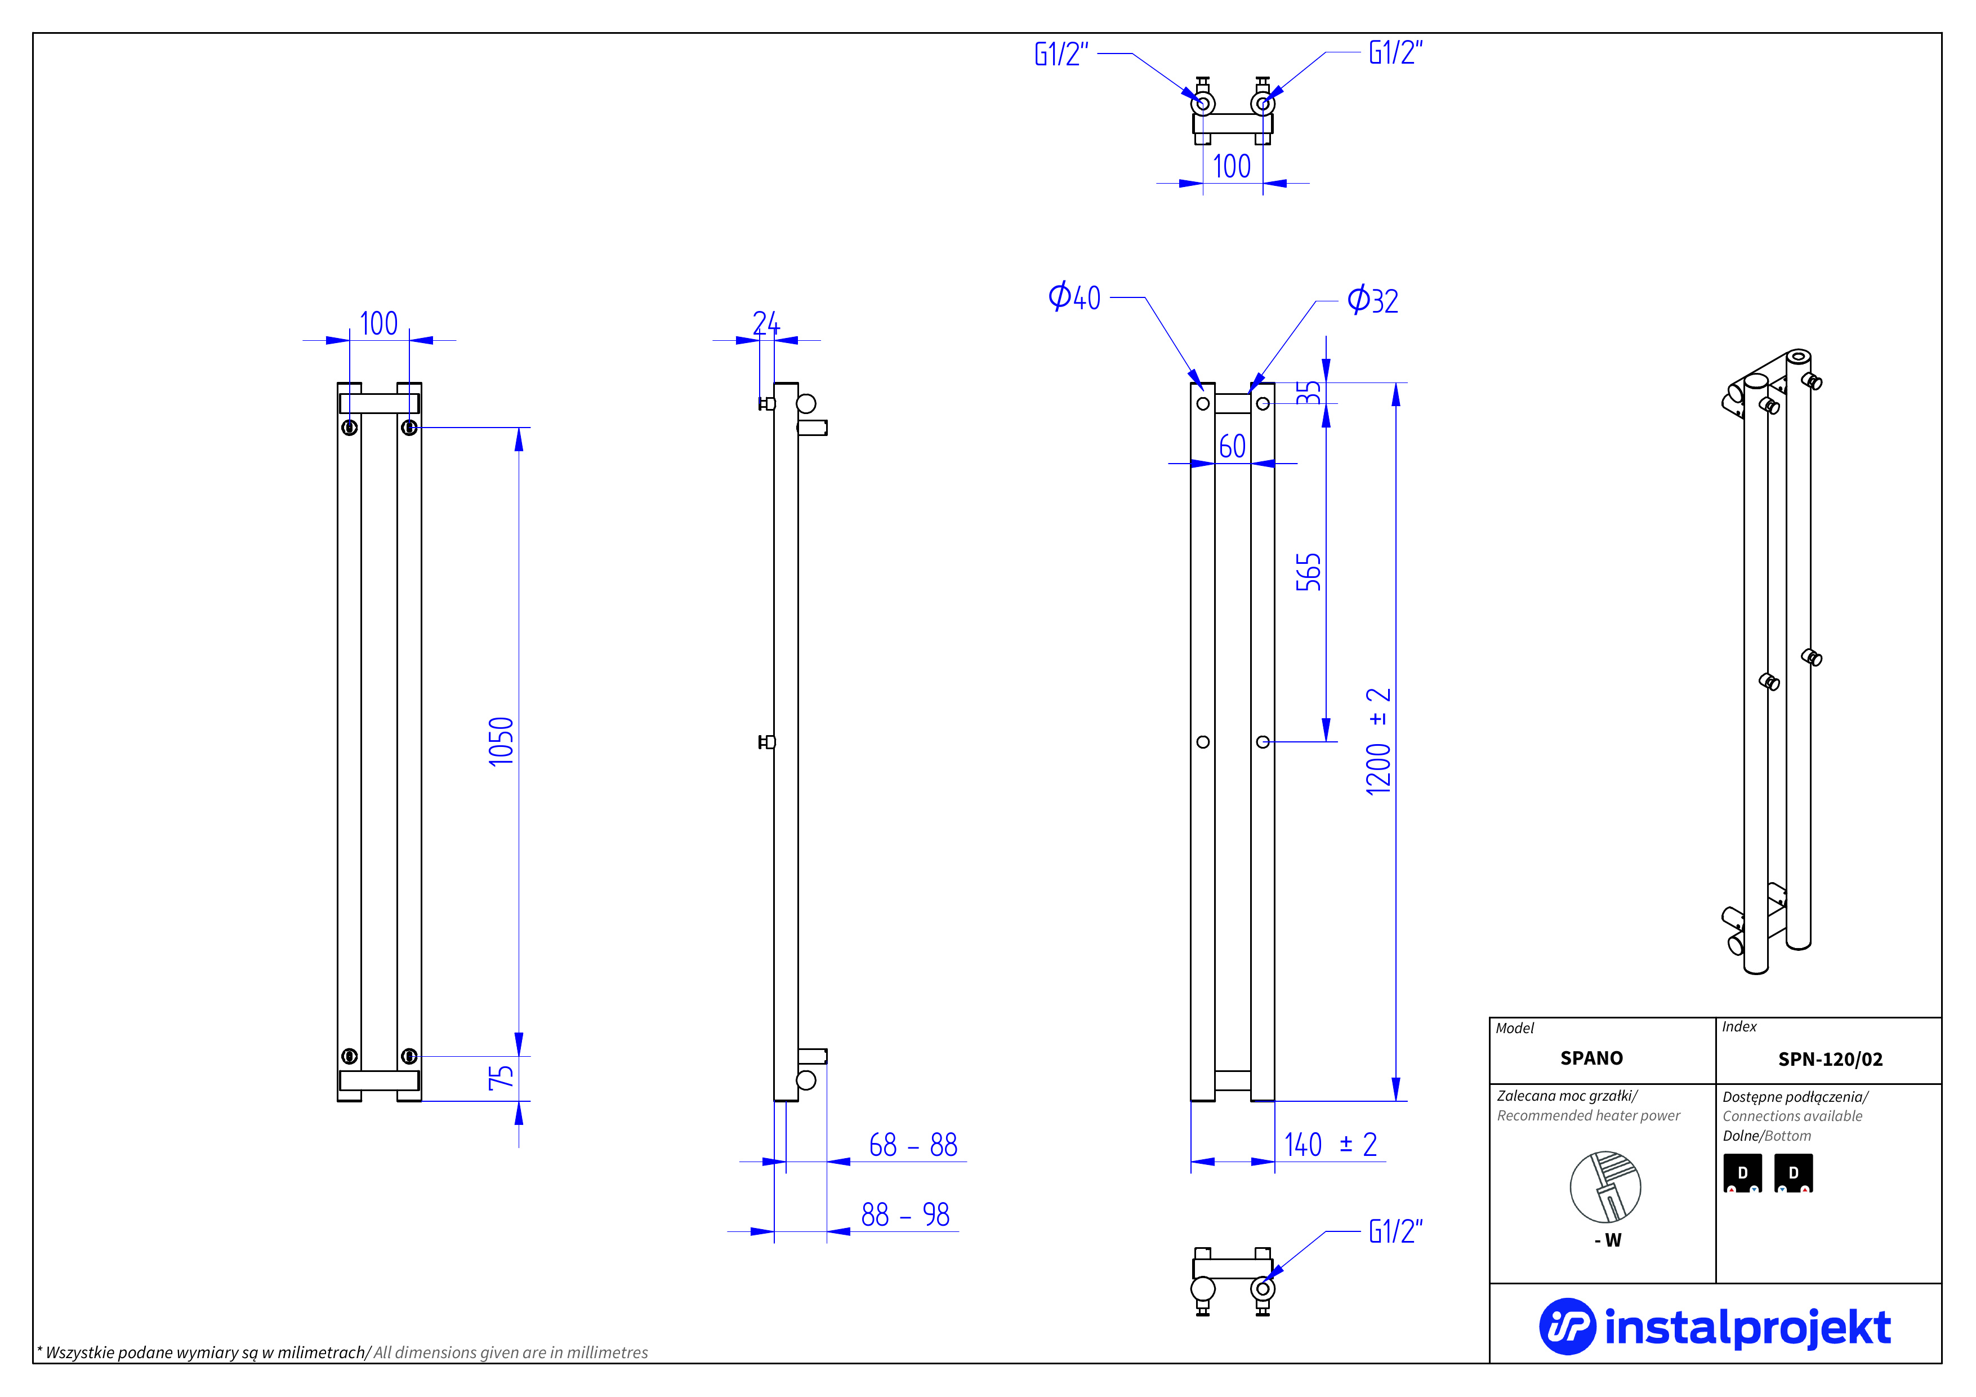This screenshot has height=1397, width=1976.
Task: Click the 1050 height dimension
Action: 501,741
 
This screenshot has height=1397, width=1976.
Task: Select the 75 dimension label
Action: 501,1078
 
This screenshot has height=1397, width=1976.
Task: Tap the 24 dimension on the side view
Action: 765,324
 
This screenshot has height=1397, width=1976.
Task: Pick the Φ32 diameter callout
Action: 1373,300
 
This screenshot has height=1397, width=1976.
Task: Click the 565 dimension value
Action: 1308,572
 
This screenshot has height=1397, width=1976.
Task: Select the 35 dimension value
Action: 1308,393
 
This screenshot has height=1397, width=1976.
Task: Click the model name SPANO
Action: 1591,1058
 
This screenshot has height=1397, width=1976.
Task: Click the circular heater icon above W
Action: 1605,1187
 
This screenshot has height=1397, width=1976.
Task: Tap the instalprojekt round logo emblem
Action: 1567,1327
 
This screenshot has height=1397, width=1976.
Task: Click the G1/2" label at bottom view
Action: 1395,1232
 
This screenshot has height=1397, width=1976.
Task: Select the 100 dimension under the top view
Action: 1232,166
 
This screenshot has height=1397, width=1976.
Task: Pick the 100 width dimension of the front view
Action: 378,324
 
